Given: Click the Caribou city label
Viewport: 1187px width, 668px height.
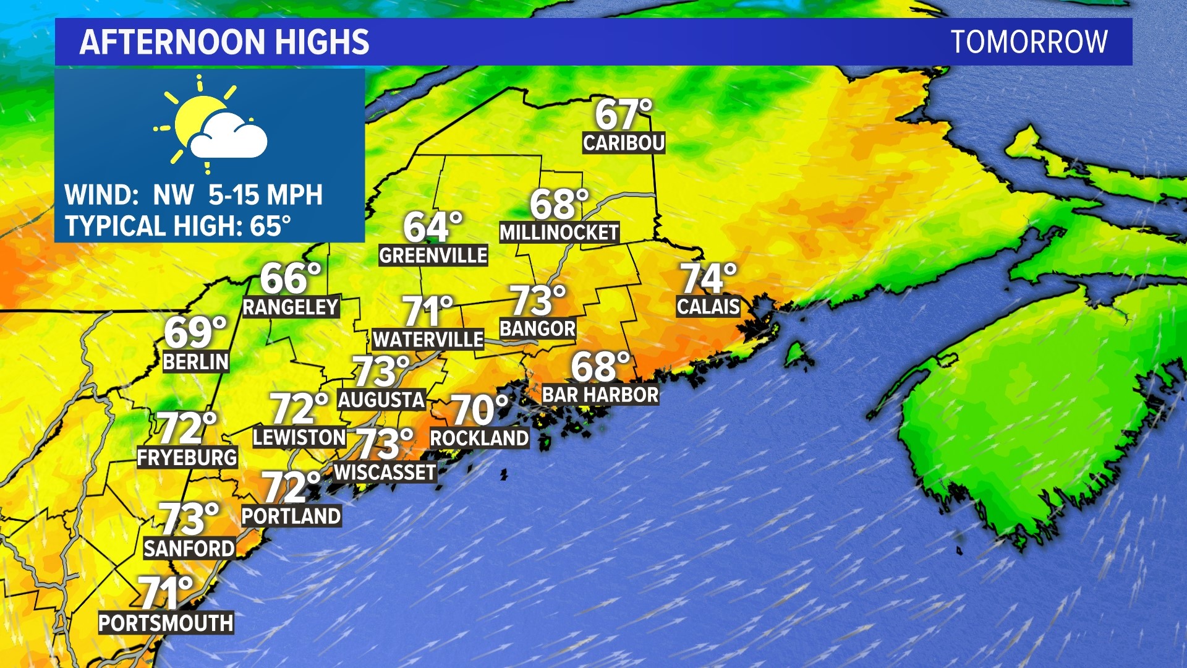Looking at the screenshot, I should click(x=623, y=143).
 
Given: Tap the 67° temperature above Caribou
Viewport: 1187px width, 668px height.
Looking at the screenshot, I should click(x=623, y=114).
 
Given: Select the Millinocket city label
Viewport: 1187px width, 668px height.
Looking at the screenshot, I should click(x=559, y=233).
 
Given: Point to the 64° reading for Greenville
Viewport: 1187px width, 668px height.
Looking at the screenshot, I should click(x=433, y=227).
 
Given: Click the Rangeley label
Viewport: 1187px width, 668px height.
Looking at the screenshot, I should click(x=291, y=307).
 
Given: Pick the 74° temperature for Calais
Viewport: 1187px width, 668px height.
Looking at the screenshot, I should click(x=708, y=278).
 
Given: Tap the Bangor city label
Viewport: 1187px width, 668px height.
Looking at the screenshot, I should click(x=537, y=328).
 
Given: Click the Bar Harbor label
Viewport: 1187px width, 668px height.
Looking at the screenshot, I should click(x=600, y=395).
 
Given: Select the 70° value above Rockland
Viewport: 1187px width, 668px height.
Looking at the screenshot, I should click(x=479, y=409).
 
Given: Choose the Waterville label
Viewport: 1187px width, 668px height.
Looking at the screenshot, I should click(x=428, y=340).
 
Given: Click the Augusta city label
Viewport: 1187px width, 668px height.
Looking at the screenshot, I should click(x=381, y=400).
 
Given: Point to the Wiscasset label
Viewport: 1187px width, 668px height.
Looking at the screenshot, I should click(x=385, y=473).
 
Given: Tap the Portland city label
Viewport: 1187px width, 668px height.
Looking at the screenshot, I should click(x=291, y=516).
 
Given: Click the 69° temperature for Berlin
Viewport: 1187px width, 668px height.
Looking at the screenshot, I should click(x=195, y=332).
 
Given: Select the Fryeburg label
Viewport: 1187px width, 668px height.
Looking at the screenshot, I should click(x=187, y=458).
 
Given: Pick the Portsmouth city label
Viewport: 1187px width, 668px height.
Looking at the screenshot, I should click(x=166, y=623).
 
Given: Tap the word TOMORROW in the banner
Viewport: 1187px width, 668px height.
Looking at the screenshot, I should click(x=1029, y=42).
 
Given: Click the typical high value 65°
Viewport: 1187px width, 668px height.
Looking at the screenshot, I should click(x=270, y=226).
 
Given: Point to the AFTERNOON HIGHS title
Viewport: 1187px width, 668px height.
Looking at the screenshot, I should click(x=224, y=42).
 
